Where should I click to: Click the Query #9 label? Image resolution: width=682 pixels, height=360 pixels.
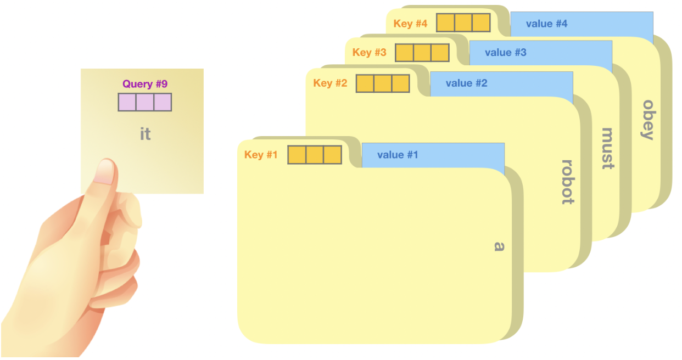coord(145,84)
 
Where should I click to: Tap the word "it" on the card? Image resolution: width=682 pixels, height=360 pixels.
coord(145,134)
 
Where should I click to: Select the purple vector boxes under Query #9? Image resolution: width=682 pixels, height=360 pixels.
coord(145,102)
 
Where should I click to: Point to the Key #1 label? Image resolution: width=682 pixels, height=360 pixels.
coord(261,155)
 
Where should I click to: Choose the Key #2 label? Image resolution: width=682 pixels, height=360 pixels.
coord(330,83)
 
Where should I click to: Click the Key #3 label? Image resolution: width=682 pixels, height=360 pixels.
coord(369,53)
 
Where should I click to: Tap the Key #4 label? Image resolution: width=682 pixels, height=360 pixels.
coord(410,24)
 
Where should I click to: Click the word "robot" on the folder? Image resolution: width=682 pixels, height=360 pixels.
coord(568,182)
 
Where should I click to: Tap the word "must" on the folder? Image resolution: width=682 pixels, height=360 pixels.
coord(607,148)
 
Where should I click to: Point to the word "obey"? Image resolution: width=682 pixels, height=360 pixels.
coord(649,120)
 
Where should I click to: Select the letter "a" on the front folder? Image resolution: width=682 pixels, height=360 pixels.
coord(499,246)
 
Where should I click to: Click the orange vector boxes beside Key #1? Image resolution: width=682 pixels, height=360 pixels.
coord(315,155)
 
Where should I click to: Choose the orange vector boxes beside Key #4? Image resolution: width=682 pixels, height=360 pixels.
coord(463,23)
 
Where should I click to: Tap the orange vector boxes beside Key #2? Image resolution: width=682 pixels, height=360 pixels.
coord(383,83)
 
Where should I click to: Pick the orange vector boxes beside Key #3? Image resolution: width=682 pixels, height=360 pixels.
coord(422,53)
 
